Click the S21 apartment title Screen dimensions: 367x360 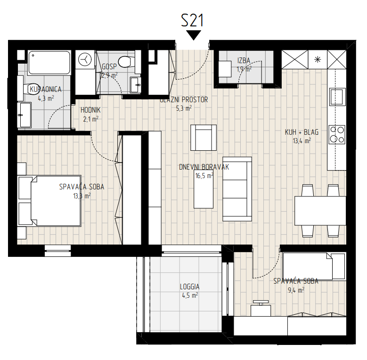(192, 20)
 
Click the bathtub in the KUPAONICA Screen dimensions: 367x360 (49, 63)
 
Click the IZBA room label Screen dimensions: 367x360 (244, 61)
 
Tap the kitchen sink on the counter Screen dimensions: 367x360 (337, 96)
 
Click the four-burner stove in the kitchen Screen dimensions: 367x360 (337, 135)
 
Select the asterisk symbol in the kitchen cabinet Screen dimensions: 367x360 (318, 59)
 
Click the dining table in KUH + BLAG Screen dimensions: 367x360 (320, 211)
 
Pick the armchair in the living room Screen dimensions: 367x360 (204, 138)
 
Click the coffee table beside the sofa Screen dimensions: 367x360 (204, 189)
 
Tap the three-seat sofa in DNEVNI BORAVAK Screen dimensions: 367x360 (237, 189)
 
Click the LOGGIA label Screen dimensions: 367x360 (189, 287)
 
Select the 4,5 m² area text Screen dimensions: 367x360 (190, 295)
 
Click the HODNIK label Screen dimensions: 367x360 (90, 110)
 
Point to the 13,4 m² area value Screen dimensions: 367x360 (302, 141)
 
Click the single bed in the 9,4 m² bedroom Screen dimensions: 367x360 (314, 266)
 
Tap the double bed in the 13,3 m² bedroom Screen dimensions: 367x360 (49, 201)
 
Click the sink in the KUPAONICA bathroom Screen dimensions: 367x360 (24, 115)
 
